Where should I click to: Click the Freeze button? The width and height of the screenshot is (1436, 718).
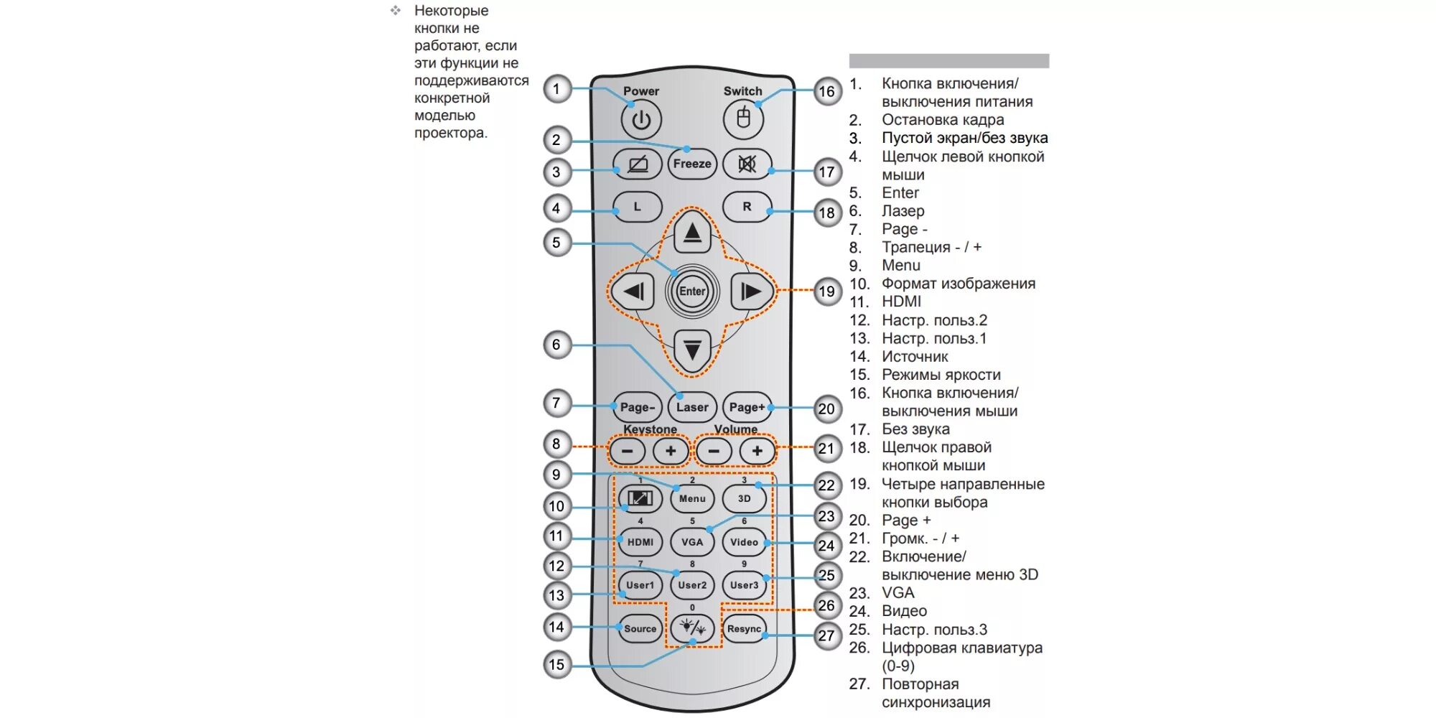click(692, 164)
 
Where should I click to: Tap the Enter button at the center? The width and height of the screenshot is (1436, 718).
click(692, 291)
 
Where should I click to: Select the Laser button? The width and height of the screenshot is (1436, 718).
click(692, 407)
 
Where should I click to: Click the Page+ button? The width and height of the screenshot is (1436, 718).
click(747, 407)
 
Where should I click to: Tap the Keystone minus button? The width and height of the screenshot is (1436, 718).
click(627, 451)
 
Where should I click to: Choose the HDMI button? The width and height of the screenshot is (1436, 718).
click(640, 542)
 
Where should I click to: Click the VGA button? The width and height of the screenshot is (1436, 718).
click(692, 542)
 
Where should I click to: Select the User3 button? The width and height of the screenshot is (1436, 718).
click(744, 585)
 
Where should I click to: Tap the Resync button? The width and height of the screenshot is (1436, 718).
click(744, 629)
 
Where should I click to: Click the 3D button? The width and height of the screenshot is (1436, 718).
click(744, 498)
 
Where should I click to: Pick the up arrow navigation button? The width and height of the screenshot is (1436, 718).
click(692, 232)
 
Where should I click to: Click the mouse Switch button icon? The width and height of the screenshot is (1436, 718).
click(743, 118)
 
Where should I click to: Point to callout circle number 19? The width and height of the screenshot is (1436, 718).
click(827, 292)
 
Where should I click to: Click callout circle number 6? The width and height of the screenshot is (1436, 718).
click(556, 345)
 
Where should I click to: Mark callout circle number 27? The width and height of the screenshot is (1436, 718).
click(827, 635)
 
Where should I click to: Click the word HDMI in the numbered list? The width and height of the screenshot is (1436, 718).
click(901, 302)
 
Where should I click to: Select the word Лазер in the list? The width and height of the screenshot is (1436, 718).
click(903, 211)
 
